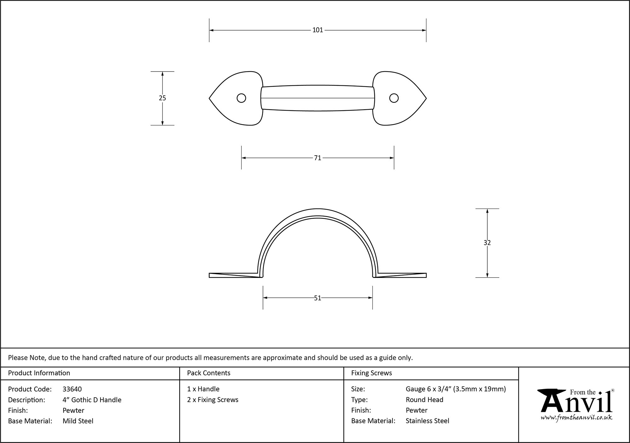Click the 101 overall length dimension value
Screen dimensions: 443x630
[318, 30]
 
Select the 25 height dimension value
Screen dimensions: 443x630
[162, 98]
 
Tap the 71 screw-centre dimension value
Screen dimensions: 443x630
[318, 158]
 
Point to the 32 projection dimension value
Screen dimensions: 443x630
[487, 243]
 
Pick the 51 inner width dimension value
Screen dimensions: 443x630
[318, 298]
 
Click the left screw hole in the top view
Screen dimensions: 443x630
[241, 98]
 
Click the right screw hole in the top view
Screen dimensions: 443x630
[394, 98]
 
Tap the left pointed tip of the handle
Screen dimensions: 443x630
[210, 99]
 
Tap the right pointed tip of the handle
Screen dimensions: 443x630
[426, 99]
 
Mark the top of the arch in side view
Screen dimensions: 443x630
[318, 209]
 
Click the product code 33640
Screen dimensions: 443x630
[72, 389]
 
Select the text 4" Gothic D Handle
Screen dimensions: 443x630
[92, 400]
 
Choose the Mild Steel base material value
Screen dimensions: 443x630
[78, 421]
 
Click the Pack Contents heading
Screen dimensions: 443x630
[209, 373]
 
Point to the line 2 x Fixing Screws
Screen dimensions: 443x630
[213, 400]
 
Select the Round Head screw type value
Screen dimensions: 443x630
[424, 400]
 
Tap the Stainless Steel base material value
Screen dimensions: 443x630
[427, 421]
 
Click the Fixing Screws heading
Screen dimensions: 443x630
[371, 373]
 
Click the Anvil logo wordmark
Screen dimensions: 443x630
[576, 403]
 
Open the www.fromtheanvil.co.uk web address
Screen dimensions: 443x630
[576, 418]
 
